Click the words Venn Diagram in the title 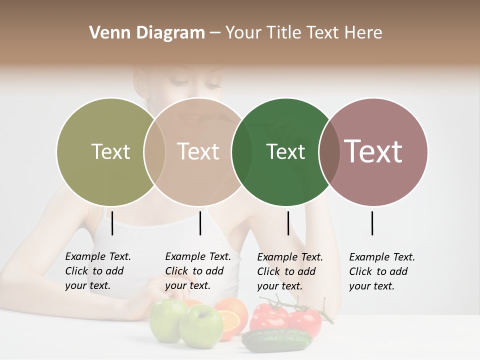click(x=147, y=33)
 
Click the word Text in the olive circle click(x=110, y=151)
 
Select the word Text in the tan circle click(x=198, y=151)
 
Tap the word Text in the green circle click(x=285, y=151)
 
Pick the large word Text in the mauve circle click(x=373, y=151)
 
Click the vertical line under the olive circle click(x=112, y=223)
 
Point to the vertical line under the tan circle click(x=200, y=223)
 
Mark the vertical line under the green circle click(x=288, y=223)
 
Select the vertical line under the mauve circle click(x=372, y=223)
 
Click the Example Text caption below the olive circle click(x=98, y=271)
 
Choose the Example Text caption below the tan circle click(x=198, y=271)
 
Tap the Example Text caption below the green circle click(x=290, y=271)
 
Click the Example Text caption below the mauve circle click(x=382, y=271)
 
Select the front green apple click(x=200, y=326)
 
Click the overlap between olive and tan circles click(x=154, y=151)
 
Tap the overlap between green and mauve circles click(x=329, y=151)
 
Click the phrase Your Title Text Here click(x=303, y=33)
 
